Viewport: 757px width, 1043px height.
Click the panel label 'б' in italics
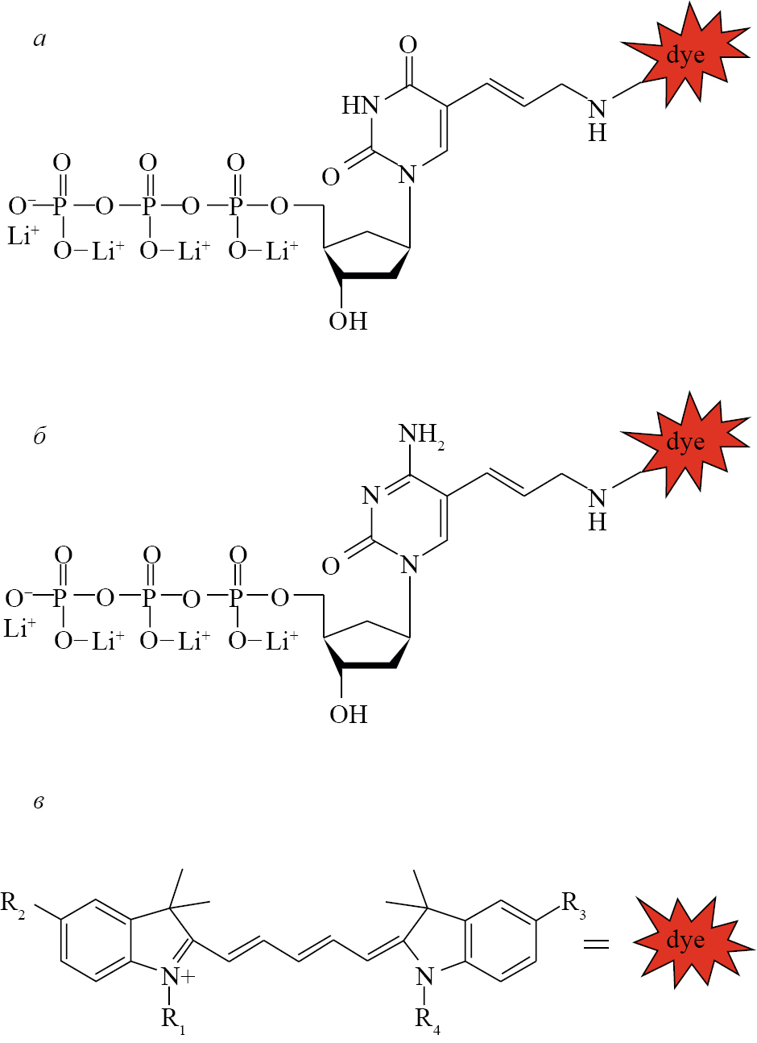click(39, 436)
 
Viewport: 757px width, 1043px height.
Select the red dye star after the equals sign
click(685, 941)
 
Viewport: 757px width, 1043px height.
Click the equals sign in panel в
click(596, 942)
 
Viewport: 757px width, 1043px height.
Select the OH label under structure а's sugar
click(348, 321)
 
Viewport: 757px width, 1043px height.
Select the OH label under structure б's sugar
click(348, 714)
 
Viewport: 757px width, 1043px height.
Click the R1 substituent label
click(173, 1019)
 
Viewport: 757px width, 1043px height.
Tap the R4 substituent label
click(428, 1019)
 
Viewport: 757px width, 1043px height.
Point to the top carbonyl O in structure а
click(408, 44)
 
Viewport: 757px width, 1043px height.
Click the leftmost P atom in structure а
click(60, 206)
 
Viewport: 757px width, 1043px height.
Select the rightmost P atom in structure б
click(237, 598)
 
